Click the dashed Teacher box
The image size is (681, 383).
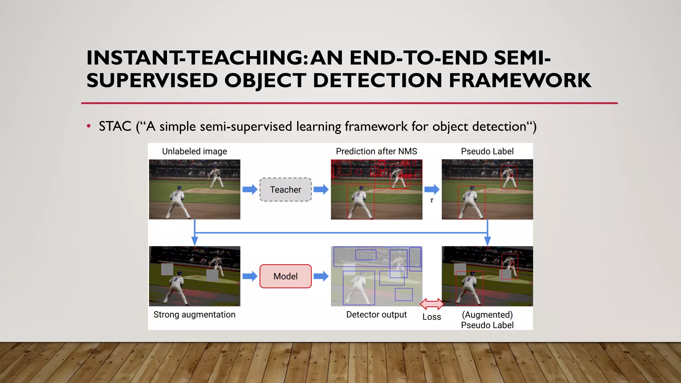pyautogui.click(x=285, y=190)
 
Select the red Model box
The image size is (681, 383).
pyautogui.click(x=285, y=276)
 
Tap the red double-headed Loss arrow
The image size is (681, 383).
pyautogui.click(x=432, y=304)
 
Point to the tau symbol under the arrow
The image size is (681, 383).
pyautogui.click(x=432, y=200)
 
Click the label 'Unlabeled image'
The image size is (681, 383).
pyautogui.click(x=195, y=152)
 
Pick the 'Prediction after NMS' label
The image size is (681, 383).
pyautogui.click(x=376, y=152)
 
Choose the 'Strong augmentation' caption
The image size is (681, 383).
pyautogui.click(x=195, y=315)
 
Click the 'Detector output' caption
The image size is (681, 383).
pyautogui.click(x=376, y=315)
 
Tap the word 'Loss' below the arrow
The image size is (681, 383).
pyautogui.click(x=432, y=317)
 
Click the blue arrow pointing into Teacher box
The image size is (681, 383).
pyautogui.click(x=250, y=190)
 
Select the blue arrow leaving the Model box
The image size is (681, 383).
pyautogui.click(x=321, y=276)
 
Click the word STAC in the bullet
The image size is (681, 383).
pyautogui.click(x=115, y=126)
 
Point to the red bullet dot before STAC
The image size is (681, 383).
pyautogui.click(x=88, y=126)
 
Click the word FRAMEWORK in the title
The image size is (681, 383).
pyautogui.click(x=520, y=80)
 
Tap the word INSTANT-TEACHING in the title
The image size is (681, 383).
pyautogui.click(x=195, y=58)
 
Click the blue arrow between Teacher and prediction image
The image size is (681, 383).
pyautogui.click(x=321, y=190)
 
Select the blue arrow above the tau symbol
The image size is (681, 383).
pyautogui.click(x=432, y=190)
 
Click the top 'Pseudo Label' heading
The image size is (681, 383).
pyautogui.click(x=487, y=152)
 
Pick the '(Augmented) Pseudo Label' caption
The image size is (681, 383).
pyautogui.click(x=487, y=320)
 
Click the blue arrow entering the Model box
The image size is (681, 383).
pyautogui.click(x=250, y=276)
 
